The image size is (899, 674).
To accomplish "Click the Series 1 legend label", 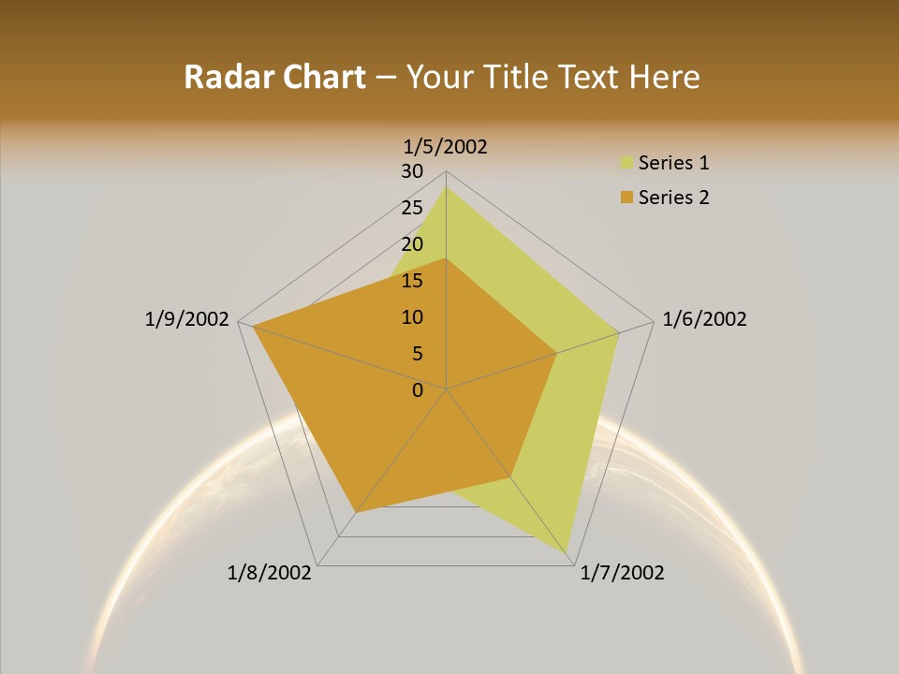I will click(x=673, y=163).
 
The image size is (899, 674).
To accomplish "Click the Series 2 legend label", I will click(x=673, y=198).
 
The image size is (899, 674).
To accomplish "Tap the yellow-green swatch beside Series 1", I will click(x=626, y=163).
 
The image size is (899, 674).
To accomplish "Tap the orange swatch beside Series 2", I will click(x=626, y=198).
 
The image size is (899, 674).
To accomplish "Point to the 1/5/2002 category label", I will click(x=446, y=147).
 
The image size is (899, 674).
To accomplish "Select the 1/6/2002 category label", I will click(x=704, y=319).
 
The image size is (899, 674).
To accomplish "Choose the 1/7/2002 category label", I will click(x=622, y=573).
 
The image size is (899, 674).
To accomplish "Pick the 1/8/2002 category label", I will click(x=270, y=573).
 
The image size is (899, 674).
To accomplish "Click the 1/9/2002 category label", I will click(x=187, y=319).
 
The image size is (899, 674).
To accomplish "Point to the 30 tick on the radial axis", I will click(x=412, y=171).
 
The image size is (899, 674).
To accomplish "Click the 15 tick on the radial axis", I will click(x=412, y=281).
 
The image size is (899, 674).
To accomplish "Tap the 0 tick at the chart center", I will click(x=418, y=390).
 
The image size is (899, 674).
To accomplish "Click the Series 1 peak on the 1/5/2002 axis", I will click(x=446, y=187).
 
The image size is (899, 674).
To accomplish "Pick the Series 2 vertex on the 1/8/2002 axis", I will click(x=356, y=512).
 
